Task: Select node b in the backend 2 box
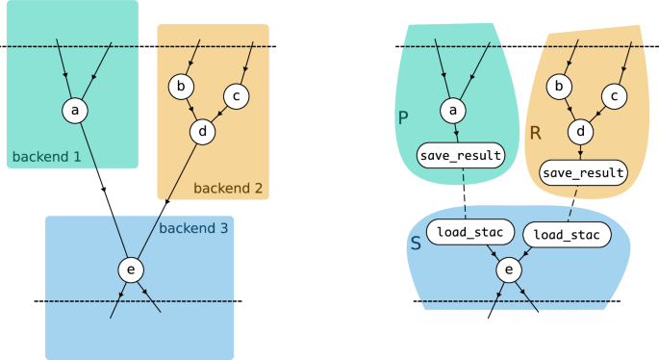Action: coord(181,87)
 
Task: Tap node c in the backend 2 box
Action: coord(237,95)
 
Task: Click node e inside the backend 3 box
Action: coord(131,270)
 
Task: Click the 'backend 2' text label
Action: coord(228,188)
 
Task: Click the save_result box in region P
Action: coord(461,154)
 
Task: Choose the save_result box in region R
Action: coord(583,173)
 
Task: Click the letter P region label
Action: coord(403,117)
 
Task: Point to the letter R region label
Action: coord(536,133)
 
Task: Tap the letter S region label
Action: coord(416,243)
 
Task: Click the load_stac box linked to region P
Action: coord(462,232)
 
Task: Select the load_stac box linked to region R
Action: coord(566,234)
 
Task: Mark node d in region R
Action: coord(580,131)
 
